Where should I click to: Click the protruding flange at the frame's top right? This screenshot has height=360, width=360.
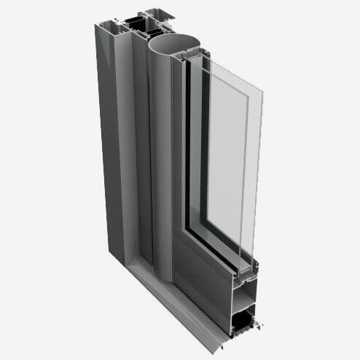[x=162, y=14]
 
